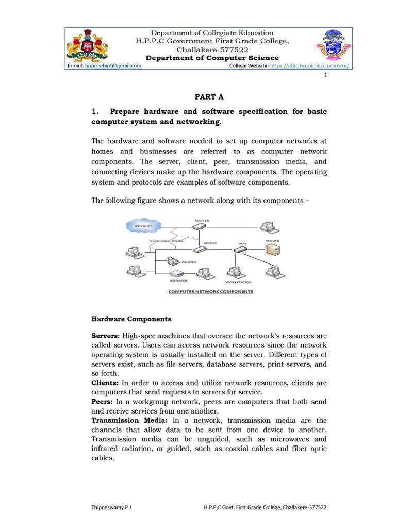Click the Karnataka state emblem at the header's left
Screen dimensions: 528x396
pos(87,45)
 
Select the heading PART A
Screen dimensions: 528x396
pos(209,96)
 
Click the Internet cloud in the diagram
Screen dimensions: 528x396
pos(145,226)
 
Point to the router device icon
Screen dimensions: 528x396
pos(201,227)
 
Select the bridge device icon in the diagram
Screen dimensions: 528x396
pos(200,249)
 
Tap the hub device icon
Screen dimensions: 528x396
pos(241,250)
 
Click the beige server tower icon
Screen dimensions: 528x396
pos(273,250)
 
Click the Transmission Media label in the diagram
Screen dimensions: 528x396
pos(166,241)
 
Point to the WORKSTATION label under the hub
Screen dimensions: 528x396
pos(238,282)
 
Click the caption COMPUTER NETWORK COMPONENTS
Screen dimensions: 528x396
pos(211,291)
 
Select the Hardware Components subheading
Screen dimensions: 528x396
pos(131,319)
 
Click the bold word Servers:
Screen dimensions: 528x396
pos(106,336)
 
